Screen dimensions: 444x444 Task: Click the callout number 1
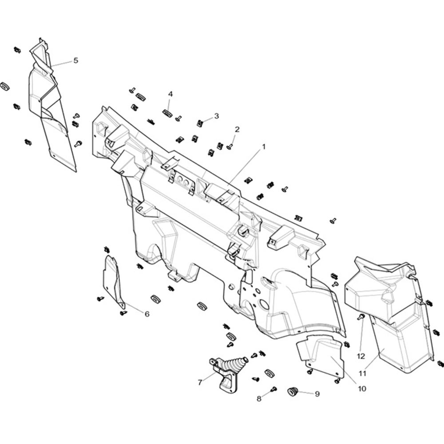coord(264,147)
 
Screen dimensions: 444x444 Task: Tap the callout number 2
coord(237,129)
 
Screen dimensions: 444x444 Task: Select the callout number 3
coord(216,116)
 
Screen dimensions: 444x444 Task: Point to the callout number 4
coord(170,94)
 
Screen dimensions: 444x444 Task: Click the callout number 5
coord(75,60)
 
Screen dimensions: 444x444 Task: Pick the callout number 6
coord(147,314)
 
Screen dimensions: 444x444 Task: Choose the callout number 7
coord(200,383)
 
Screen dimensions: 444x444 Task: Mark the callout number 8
coord(259,399)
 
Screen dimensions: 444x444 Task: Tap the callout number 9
coord(317,394)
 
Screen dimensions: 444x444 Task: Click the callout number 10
coord(362,389)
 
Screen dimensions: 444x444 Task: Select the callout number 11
coord(362,373)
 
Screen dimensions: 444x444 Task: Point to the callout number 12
coord(361,356)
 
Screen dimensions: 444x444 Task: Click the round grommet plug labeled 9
coord(292,392)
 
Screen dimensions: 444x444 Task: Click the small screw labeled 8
coord(274,389)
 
